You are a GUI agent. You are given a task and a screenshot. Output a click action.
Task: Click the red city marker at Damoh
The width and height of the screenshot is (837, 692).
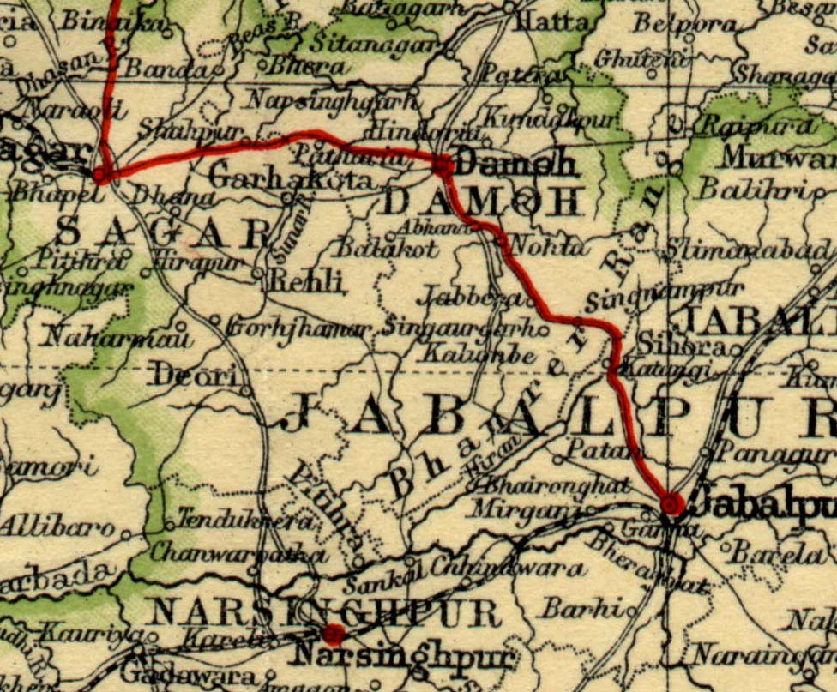(443, 165)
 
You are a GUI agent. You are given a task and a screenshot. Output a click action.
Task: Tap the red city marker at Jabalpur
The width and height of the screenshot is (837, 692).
(673, 505)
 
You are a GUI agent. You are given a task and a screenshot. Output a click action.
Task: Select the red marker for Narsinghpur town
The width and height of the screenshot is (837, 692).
(334, 635)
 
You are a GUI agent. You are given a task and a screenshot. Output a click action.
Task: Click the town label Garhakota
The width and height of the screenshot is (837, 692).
(292, 180)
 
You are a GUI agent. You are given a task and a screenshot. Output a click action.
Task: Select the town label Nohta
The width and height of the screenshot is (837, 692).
(549, 247)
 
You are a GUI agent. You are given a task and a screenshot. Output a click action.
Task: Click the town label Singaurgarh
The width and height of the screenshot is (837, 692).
(463, 328)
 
